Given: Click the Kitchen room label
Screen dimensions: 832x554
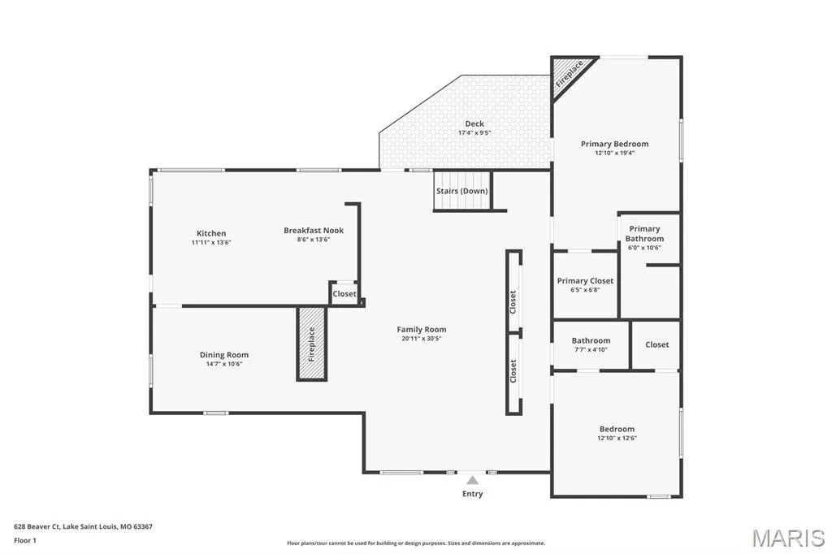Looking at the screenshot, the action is point(211,233).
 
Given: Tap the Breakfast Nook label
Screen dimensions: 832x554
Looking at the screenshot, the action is point(314,231).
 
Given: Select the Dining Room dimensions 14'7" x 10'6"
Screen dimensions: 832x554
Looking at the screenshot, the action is point(224,364).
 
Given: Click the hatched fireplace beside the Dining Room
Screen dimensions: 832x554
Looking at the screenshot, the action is point(311,343).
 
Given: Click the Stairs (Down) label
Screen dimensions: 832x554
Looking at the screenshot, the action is point(461,191).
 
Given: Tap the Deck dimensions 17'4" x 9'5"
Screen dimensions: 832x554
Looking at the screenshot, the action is point(474,132).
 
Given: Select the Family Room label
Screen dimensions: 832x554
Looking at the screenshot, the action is point(422,330).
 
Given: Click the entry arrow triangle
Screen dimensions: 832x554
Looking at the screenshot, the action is point(472,481).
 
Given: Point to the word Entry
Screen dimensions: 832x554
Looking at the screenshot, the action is point(472,494).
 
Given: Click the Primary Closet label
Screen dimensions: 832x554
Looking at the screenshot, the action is point(585,281).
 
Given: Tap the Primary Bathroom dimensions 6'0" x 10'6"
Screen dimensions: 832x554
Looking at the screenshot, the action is point(644,248).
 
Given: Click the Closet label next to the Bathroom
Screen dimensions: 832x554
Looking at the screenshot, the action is point(656,344).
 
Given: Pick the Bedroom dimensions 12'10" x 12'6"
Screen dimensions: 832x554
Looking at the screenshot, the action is point(617,439).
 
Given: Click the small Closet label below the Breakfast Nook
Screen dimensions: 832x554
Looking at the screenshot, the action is point(344,293).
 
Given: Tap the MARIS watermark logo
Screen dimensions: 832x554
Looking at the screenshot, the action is point(788,538).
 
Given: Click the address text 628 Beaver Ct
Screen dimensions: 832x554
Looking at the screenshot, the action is point(37,527).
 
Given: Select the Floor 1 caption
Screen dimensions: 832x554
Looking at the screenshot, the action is point(25,541).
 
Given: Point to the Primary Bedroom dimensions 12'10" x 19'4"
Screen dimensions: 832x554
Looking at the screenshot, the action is point(614,153).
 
